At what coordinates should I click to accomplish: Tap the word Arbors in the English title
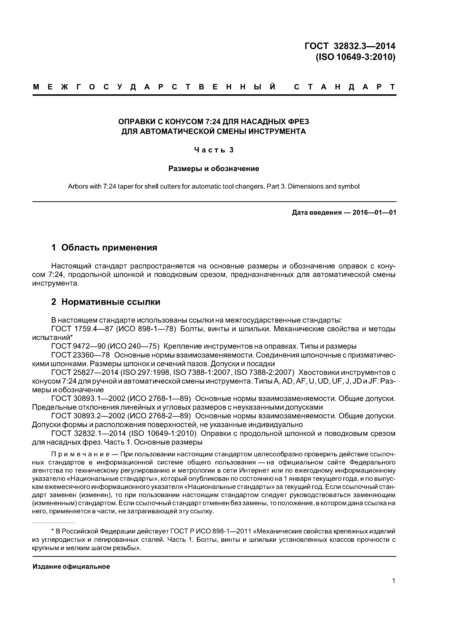coord(77,186)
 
